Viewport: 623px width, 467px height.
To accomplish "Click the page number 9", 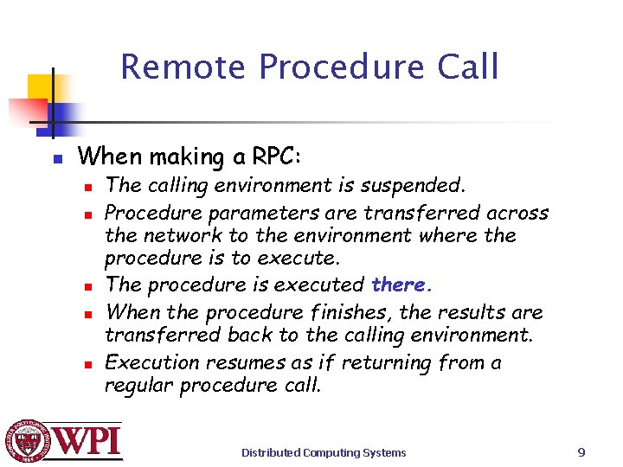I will pyautogui.click(x=581, y=451).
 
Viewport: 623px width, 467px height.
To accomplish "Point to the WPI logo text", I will pyautogui.click(x=89, y=441).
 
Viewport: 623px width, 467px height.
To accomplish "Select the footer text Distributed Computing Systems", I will pyautogui.click(x=324, y=452).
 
